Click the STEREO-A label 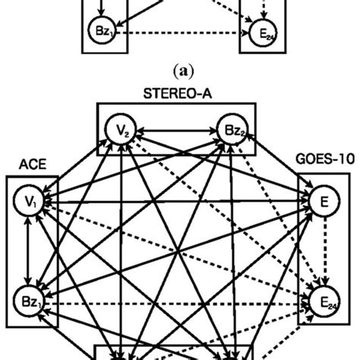pyautogui.click(x=176, y=93)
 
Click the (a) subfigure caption pyautogui.click(x=180, y=74)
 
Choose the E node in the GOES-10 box pyautogui.click(x=323, y=202)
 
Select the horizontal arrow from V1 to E pyautogui.click(x=175, y=202)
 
